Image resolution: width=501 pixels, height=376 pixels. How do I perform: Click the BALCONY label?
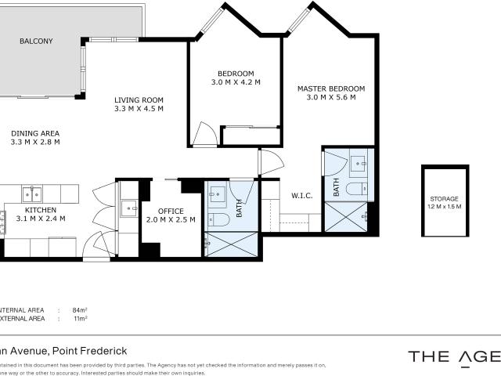[36, 41]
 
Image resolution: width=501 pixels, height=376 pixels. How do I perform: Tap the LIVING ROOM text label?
[139, 99]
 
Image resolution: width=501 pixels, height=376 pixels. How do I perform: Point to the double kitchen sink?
[32, 193]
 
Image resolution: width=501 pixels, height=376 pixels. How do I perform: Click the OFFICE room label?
[171, 211]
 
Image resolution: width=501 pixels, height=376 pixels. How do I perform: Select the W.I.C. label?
[302, 196]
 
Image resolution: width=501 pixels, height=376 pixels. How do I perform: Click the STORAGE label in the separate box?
[444, 199]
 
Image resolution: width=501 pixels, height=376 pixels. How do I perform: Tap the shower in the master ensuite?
[345, 216]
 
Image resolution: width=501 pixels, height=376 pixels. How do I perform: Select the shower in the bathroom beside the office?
[232, 244]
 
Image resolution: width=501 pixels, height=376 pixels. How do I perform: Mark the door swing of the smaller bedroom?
[204, 135]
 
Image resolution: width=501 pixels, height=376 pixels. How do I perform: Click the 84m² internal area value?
[79, 309]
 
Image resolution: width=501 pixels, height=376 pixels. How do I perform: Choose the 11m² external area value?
[79, 319]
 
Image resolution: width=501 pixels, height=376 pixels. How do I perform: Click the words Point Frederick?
[92, 351]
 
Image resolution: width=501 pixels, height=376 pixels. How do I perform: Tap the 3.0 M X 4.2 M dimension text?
[235, 82]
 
